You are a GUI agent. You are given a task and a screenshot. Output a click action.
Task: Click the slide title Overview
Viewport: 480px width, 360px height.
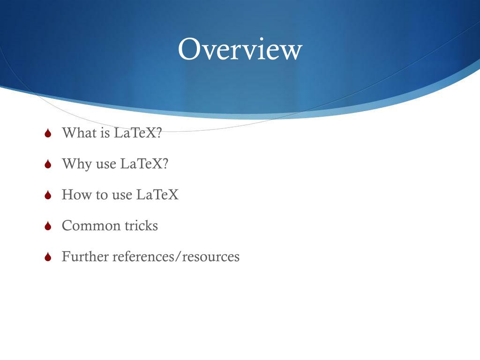240,50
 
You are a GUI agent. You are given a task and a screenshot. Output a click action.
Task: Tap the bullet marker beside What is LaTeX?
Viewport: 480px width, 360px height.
47,134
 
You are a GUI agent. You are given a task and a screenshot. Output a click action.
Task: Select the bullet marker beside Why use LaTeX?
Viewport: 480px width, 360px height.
47,165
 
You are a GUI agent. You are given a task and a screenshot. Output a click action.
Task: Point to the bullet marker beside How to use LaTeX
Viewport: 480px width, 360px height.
47,195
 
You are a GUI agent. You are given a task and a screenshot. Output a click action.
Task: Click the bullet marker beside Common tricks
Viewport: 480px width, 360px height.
47,226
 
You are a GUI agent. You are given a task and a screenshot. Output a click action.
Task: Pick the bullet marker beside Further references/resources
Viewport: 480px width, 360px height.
47,257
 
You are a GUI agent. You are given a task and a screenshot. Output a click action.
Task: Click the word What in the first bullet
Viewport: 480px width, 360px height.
77,133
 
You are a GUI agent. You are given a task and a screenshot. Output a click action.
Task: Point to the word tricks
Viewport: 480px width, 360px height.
141,225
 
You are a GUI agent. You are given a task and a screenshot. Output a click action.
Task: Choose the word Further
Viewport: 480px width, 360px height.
85,256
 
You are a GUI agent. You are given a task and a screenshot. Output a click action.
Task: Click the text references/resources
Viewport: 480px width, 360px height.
176,257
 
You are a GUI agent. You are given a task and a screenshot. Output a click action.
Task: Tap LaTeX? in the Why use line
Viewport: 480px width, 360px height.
144,164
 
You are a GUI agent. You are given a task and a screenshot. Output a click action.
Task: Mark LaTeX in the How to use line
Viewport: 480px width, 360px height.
157,195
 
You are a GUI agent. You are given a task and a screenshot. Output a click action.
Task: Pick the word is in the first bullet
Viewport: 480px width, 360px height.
105,133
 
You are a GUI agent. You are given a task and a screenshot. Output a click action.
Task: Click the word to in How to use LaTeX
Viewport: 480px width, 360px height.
102,195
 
